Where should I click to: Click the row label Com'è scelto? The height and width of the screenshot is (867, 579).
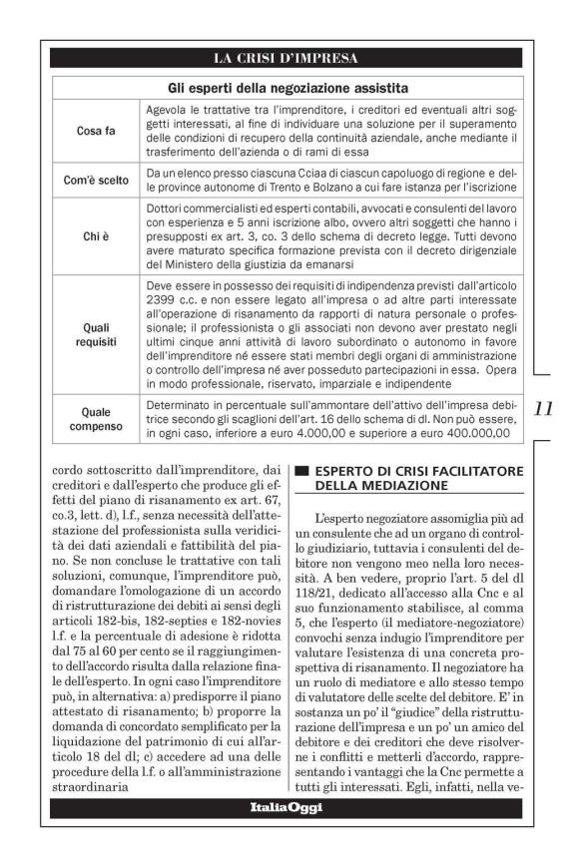coord(96,182)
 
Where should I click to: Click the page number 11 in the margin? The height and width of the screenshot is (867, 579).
coord(544,408)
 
